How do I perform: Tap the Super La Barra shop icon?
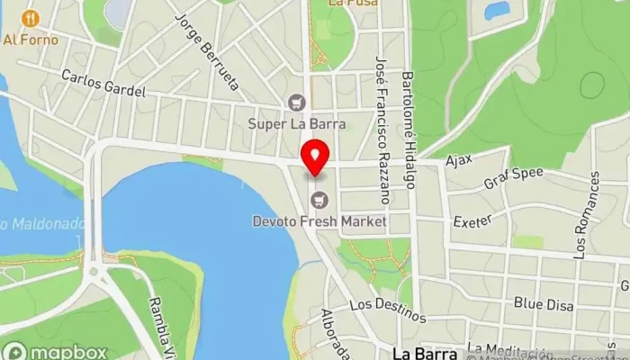294,103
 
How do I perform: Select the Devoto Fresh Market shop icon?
318,199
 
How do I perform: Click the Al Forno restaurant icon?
31,18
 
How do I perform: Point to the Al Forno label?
31,40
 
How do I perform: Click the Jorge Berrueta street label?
207,52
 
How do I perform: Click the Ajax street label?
458,162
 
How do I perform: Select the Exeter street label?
472,220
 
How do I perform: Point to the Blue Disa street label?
544,304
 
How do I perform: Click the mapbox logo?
56,351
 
